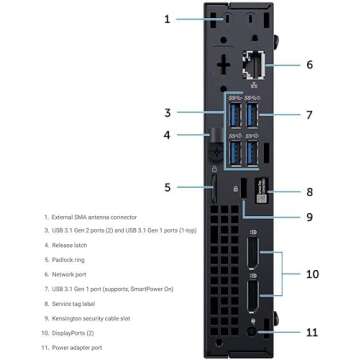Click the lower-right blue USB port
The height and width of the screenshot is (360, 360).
[x=253, y=151]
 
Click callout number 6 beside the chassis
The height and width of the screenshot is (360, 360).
[x=309, y=64]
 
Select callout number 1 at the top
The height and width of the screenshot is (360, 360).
[x=169, y=17]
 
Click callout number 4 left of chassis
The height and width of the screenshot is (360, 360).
[x=168, y=134]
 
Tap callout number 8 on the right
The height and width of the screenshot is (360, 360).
[x=310, y=190]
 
